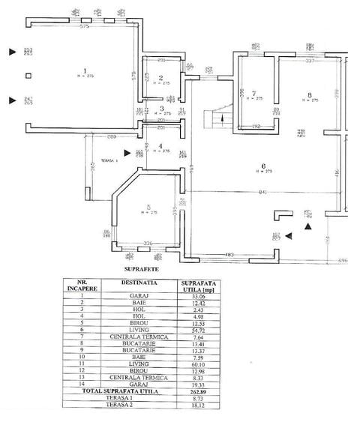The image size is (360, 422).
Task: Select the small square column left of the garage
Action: click(x=28, y=75)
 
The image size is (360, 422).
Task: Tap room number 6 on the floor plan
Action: click(x=262, y=166)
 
